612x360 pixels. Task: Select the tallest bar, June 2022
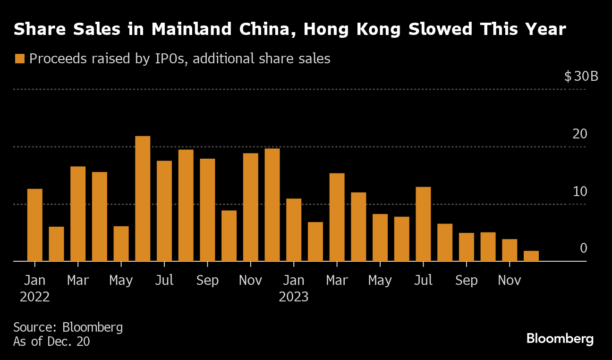(143, 198)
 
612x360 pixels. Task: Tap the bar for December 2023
(531, 256)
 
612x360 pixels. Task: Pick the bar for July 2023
(423, 224)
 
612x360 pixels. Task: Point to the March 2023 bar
(337, 217)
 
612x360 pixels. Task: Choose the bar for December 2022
(272, 205)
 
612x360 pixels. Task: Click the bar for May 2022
(121, 244)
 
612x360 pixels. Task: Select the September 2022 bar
(207, 210)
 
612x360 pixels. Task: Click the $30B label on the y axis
(581, 76)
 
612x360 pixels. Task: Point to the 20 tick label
(580, 134)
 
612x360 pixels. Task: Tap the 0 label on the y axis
(584, 249)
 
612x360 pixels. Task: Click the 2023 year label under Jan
(294, 297)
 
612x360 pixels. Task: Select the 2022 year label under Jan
(34, 297)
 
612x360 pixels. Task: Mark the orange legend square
(19, 59)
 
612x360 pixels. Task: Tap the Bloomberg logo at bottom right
(560, 339)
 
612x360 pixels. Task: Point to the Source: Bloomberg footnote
(68, 327)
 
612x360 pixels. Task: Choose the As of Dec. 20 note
(51, 342)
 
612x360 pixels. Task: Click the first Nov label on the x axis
(250, 280)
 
